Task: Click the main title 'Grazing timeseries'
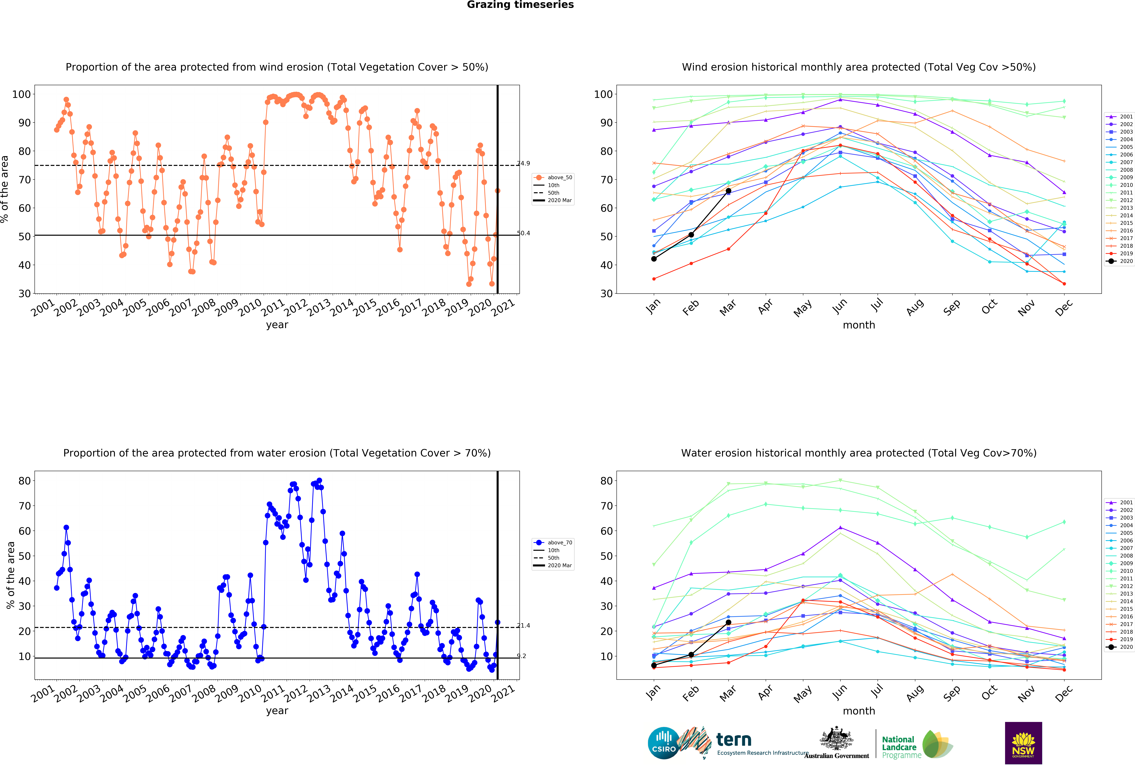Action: (520, 5)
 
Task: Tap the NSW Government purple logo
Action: (1023, 743)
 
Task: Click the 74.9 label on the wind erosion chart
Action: (524, 163)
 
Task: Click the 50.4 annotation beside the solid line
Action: (524, 233)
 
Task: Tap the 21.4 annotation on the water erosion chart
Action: (524, 626)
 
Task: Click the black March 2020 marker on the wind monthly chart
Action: (728, 191)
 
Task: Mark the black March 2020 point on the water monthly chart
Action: (728, 622)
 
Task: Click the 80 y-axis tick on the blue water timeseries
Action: (24, 481)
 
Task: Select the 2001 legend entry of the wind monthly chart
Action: (1120, 117)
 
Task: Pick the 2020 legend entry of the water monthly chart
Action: (1120, 647)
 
